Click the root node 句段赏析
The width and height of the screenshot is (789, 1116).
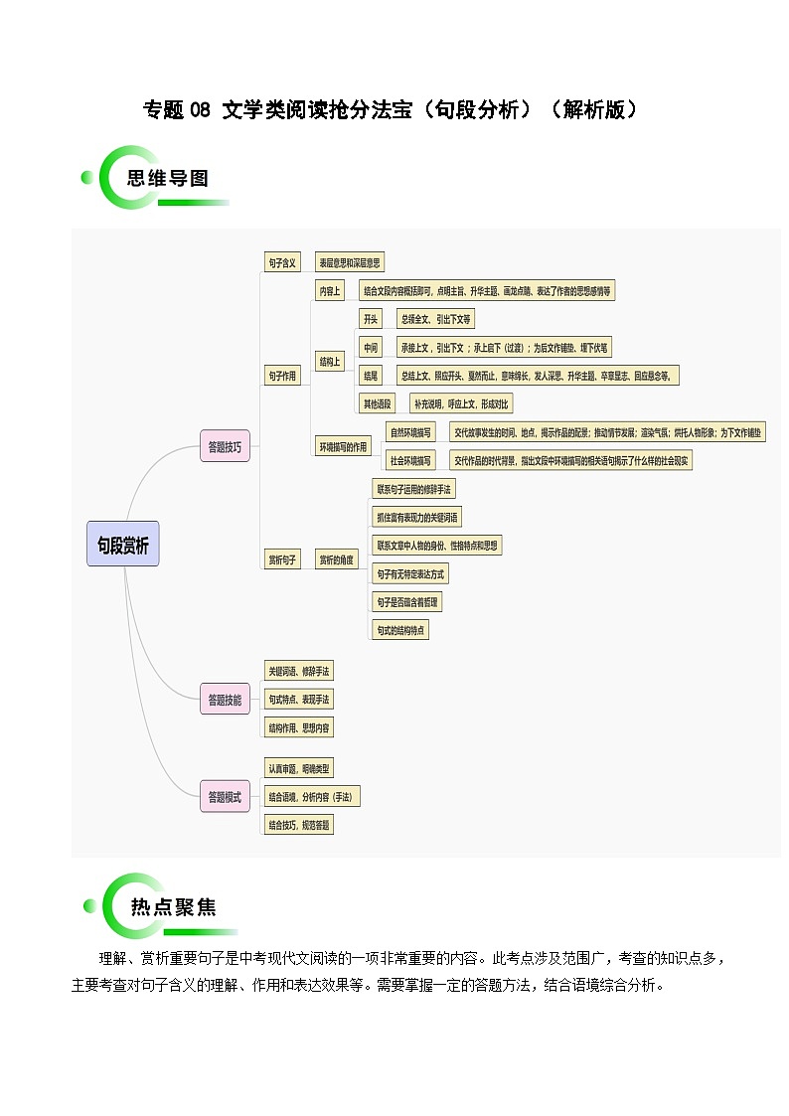[122, 545]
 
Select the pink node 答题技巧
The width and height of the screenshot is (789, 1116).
[225, 446]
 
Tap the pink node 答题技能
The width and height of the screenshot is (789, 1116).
[225, 700]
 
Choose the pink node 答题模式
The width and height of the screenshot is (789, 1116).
[225, 796]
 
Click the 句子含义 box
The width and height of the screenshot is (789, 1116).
[282, 262]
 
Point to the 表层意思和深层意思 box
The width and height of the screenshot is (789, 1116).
[349, 262]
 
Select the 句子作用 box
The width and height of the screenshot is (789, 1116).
[282, 376]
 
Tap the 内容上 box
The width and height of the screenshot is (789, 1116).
[330, 291]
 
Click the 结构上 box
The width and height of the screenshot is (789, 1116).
[330, 362]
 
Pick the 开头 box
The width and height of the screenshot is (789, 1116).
[371, 319]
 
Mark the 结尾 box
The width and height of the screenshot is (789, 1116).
[371, 375]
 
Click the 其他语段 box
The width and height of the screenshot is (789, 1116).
[378, 403]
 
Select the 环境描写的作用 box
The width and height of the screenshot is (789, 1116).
[343, 446]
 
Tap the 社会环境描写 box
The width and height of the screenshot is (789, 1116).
[410, 460]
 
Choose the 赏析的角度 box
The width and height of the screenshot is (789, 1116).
[336, 559]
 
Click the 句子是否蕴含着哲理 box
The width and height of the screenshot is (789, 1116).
[407, 602]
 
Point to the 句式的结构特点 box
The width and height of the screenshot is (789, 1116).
[400, 630]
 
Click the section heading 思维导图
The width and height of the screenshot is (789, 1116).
[168, 179]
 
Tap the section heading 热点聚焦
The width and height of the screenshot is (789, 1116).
[172, 906]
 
